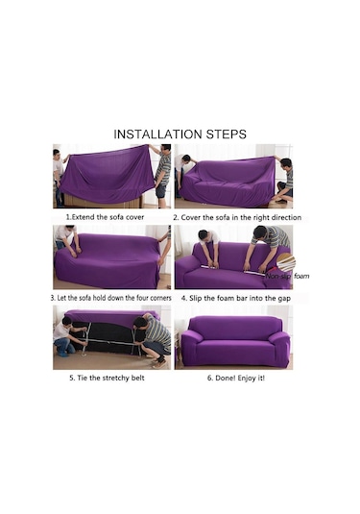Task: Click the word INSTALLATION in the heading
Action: (x=157, y=135)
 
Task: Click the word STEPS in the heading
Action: (x=226, y=135)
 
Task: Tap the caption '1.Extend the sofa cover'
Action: (x=105, y=217)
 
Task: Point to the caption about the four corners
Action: (x=111, y=298)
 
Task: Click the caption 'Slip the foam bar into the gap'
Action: (x=236, y=298)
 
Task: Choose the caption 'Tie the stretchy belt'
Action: (x=107, y=378)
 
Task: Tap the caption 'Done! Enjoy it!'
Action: (x=236, y=378)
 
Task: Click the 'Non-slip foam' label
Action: (x=287, y=276)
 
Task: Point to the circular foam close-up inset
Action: (x=286, y=263)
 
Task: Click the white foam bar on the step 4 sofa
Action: (x=233, y=270)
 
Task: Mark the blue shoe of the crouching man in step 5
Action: (x=62, y=354)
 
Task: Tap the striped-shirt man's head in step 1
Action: (x=166, y=148)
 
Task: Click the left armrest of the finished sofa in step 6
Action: (x=190, y=347)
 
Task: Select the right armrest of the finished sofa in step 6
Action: (x=279, y=348)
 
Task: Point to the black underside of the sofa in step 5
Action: (x=108, y=337)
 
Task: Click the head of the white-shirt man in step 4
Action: (x=204, y=235)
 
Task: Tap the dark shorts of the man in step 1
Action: (x=161, y=191)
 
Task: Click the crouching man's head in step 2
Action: (x=286, y=163)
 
